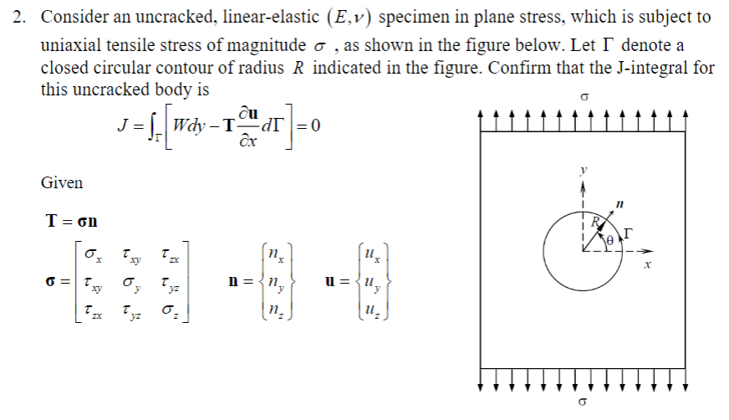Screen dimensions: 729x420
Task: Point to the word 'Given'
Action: pos(61,182)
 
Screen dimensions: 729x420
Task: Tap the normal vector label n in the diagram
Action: pos(619,202)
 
